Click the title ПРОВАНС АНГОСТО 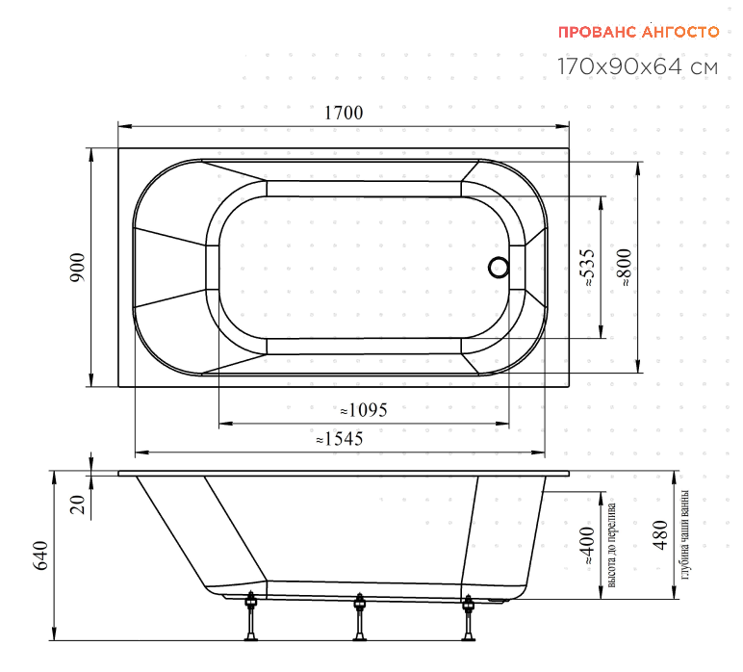[x=638, y=32]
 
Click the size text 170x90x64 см [x=637, y=66]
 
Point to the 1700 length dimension [x=344, y=113]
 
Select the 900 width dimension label [x=78, y=268]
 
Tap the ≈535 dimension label [x=588, y=268]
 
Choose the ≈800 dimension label [x=625, y=268]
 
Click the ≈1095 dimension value [x=364, y=410]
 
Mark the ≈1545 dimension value [x=340, y=439]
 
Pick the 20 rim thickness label [x=78, y=504]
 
